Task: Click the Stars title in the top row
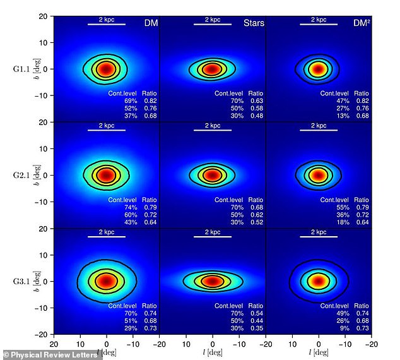(254, 23)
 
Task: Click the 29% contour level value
(131, 328)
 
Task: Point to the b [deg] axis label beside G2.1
(39, 175)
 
